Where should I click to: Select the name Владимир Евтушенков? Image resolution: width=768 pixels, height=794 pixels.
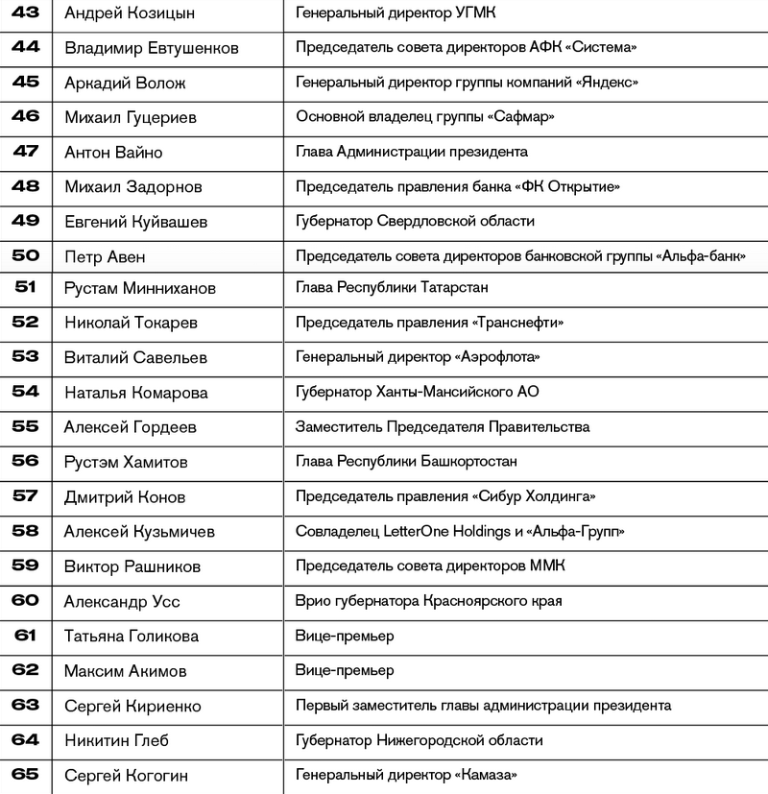point(151,48)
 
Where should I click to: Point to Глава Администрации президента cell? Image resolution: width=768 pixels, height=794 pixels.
point(412,152)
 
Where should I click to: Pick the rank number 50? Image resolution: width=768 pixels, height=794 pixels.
point(26,255)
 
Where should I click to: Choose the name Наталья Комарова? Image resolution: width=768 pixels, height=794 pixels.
point(136,393)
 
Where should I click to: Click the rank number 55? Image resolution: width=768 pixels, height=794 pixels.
point(26,426)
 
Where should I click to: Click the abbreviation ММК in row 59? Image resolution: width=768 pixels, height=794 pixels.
point(548,565)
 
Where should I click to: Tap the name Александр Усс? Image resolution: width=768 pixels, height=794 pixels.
point(122,602)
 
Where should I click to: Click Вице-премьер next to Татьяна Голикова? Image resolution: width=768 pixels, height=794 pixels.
point(345,636)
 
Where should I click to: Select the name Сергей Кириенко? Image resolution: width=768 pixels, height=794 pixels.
point(132,706)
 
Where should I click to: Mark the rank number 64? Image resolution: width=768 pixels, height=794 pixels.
point(26,739)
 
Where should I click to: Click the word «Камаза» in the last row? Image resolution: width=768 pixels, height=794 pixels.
point(485,775)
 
